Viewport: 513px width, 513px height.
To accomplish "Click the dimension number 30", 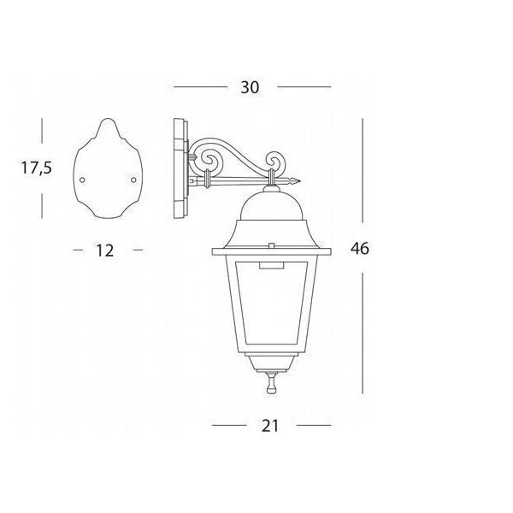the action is tap(250, 87).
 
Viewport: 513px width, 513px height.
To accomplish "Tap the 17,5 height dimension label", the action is tap(36, 168).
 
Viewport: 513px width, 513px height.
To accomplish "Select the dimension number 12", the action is tap(104, 251).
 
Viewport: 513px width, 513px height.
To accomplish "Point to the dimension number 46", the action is tap(360, 248).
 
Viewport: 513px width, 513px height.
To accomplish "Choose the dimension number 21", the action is tap(270, 426).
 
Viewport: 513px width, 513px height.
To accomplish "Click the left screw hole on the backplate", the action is tap(82, 180).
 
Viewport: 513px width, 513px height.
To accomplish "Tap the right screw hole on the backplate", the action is tap(133, 180).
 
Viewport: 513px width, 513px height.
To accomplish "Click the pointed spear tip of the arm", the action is tap(297, 180).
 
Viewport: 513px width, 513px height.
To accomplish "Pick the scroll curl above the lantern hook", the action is tap(274, 160).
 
